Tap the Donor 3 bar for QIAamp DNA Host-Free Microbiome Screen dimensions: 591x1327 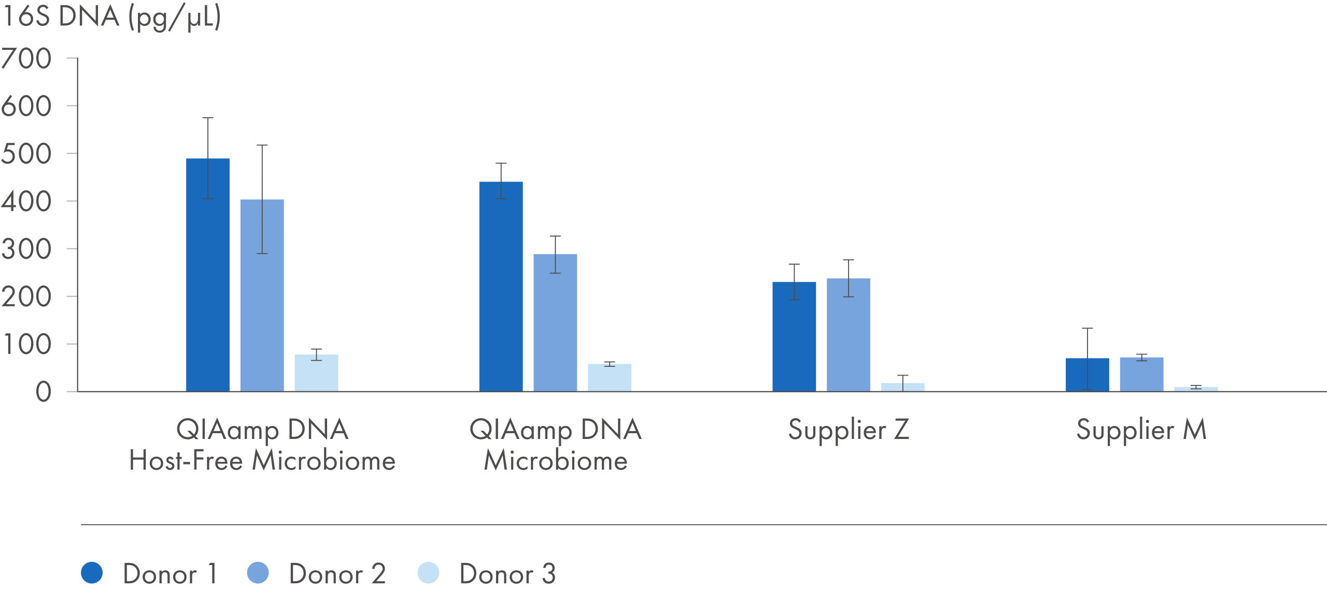tap(316, 373)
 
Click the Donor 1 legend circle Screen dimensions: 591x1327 tap(92, 573)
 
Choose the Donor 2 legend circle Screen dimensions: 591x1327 tap(258, 573)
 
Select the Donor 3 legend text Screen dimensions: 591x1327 tap(507, 574)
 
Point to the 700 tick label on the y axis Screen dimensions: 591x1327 tap(26, 59)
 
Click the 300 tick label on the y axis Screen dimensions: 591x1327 tap(26, 249)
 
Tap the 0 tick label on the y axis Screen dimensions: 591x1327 tap(43, 392)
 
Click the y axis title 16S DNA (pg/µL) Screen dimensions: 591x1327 tap(111, 17)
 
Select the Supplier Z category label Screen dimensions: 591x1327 tap(849, 430)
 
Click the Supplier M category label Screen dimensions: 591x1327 tap(1141, 430)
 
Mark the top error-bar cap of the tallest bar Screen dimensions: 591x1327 tap(207, 118)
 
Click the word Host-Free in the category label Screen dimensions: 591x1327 tap(186, 461)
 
